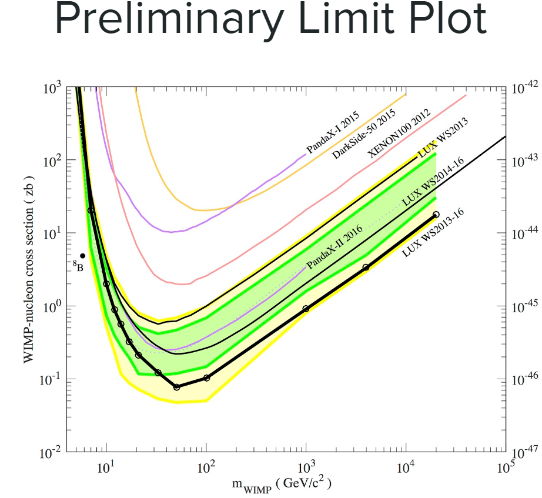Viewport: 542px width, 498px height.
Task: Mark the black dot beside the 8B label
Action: (x=83, y=256)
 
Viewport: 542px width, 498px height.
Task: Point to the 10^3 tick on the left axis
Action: (x=53, y=88)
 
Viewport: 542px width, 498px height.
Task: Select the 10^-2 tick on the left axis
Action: (x=52, y=453)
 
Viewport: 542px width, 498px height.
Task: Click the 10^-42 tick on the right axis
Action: (x=525, y=88)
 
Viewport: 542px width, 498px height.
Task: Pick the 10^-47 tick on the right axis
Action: (x=525, y=453)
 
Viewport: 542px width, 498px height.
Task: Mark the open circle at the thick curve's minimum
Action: (x=176, y=386)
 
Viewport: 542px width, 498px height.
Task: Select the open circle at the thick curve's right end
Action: (x=436, y=215)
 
